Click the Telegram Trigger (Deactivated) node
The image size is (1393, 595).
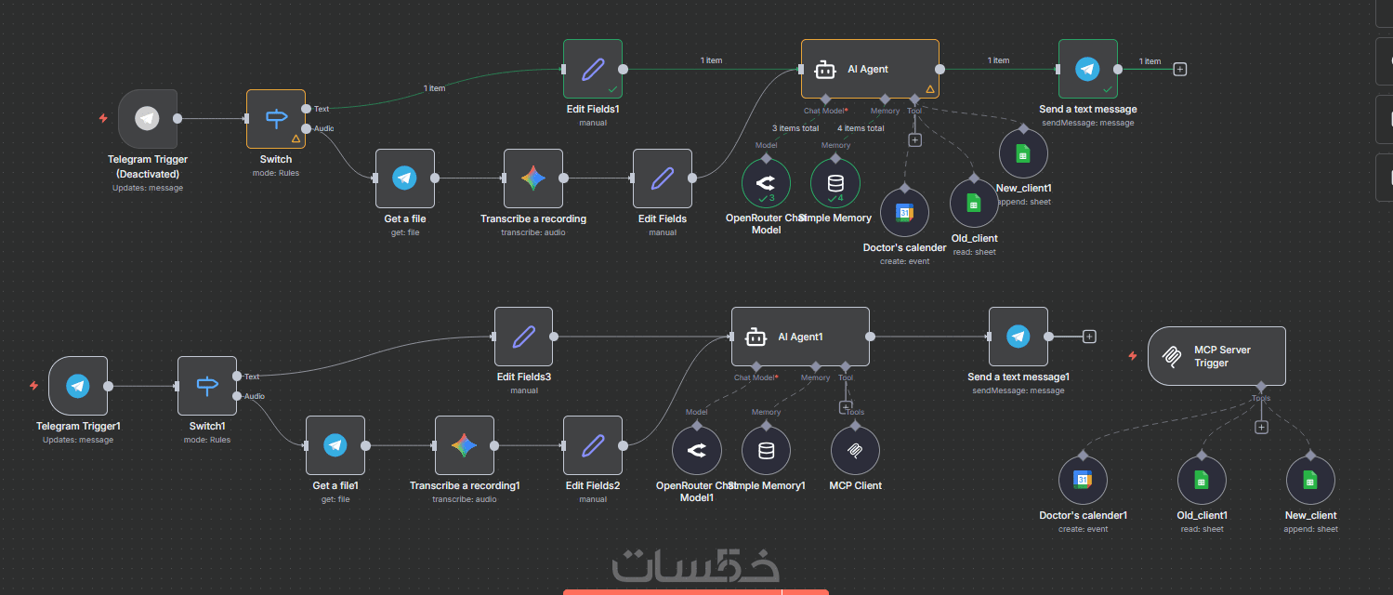point(148,118)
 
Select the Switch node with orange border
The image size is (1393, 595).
point(276,118)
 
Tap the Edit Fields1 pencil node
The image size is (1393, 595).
point(593,69)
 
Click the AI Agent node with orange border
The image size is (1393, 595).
point(869,69)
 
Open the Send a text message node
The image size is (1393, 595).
point(1087,69)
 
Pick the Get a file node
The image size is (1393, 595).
point(404,178)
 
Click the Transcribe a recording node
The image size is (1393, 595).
point(533,178)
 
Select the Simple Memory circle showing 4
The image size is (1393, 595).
point(834,183)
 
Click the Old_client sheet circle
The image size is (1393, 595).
point(974,203)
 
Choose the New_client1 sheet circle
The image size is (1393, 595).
point(1022,154)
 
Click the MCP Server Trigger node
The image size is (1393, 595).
point(1216,356)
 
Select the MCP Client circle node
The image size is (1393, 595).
point(855,451)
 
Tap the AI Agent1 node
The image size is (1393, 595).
point(800,337)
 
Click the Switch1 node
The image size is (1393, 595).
point(207,386)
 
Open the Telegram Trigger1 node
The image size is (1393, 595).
point(78,386)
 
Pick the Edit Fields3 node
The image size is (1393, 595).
point(523,337)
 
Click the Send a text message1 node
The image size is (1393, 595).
point(1018,337)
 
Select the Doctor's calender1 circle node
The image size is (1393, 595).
point(1083,480)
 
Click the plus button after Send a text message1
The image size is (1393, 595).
point(1090,337)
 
